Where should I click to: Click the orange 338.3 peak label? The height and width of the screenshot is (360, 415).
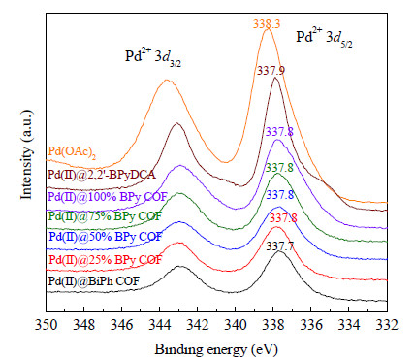click(x=267, y=24)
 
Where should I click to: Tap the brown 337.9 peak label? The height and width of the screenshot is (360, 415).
click(x=271, y=71)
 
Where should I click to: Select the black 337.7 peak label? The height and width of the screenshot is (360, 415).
click(x=280, y=246)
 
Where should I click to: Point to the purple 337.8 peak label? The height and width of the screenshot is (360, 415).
click(x=279, y=132)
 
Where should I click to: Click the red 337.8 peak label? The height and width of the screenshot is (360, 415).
click(x=283, y=218)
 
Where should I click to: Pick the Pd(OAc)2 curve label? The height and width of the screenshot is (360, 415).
click(x=72, y=152)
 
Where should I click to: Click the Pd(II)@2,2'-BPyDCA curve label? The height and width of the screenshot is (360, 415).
click(x=102, y=175)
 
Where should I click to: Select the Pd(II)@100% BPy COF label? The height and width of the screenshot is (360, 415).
click(x=108, y=196)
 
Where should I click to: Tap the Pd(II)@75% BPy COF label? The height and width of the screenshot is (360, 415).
click(x=105, y=216)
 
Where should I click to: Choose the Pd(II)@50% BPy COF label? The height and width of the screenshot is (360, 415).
click(x=105, y=237)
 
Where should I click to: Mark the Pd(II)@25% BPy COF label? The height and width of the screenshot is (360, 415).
click(x=105, y=259)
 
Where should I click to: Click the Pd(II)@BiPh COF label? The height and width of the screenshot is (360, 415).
click(x=94, y=280)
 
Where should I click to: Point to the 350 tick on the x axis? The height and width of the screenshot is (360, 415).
click(x=47, y=325)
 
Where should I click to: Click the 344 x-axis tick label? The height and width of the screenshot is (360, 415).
click(x=160, y=325)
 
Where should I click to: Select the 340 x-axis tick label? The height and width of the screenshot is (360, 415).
click(x=236, y=325)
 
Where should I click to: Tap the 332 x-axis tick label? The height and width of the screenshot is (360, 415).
click(x=387, y=325)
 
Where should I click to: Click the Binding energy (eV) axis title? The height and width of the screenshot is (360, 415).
click(x=216, y=349)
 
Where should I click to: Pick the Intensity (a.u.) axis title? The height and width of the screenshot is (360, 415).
click(x=27, y=154)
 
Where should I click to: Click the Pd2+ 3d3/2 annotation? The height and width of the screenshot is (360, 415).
click(x=153, y=57)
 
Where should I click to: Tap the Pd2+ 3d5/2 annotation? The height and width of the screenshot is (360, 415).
click(x=325, y=38)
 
